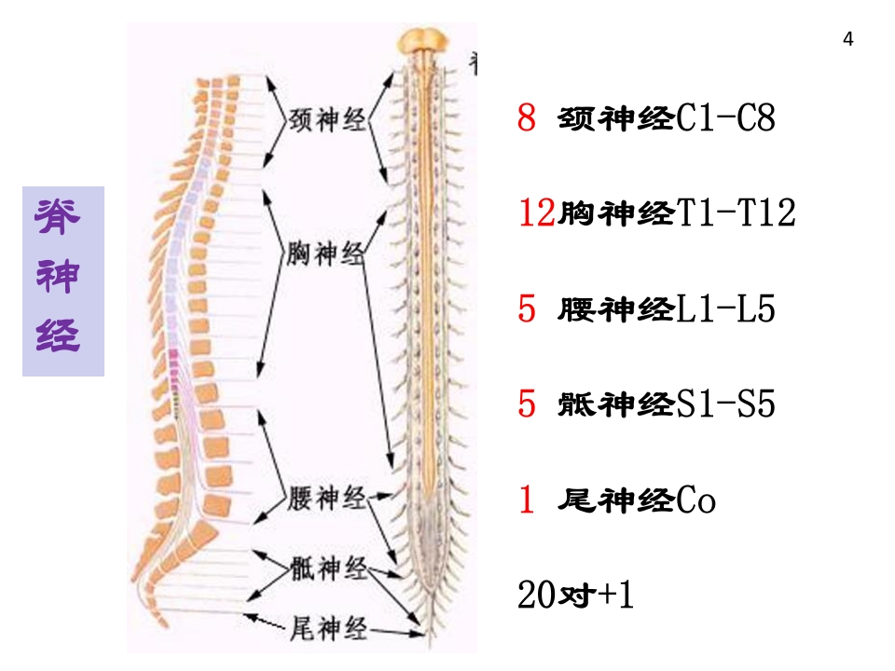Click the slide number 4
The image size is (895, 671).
click(x=847, y=39)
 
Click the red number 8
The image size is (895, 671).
click(x=527, y=119)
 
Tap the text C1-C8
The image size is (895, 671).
click(x=724, y=119)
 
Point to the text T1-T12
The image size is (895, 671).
click(x=736, y=214)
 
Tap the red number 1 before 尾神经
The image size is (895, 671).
click(x=527, y=500)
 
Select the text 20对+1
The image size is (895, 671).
click(x=575, y=596)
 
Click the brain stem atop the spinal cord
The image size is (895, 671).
click(x=425, y=42)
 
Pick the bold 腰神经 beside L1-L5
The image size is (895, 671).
click(x=615, y=309)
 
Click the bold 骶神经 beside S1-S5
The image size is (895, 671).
click(x=615, y=404)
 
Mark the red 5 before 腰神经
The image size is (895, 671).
click(x=527, y=309)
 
